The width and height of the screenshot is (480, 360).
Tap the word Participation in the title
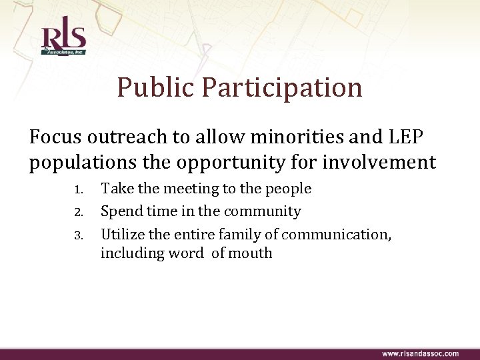[x=283, y=87]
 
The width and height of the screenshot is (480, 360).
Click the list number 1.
[x=77, y=190]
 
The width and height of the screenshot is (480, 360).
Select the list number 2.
[x=77, y=213]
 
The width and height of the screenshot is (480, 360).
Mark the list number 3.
[x=77, y=235]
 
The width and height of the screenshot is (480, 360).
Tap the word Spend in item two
[x=120, y=212]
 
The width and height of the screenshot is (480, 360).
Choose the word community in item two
[x=264, y=212]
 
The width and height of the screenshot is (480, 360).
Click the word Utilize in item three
[x=121, y=235]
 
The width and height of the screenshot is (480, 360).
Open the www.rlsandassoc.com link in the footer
[x=420, y=353]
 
